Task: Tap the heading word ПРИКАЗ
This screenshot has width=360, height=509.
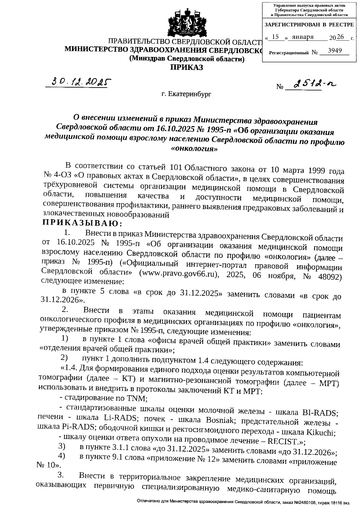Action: [x=187, y=67]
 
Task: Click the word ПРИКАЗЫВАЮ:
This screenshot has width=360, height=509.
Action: [x=82, y=223]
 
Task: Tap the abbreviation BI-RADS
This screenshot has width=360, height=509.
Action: [x=320, y=413]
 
